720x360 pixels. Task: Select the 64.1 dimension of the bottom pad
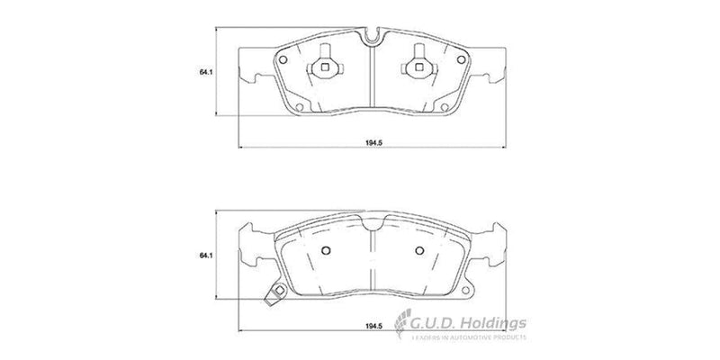click(206, 257)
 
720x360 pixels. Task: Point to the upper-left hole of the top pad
click(283, 60)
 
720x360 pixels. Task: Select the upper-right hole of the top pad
click(461, 60)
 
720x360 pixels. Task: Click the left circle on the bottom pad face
click(327, 251)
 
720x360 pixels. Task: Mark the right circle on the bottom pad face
click(418, 251)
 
